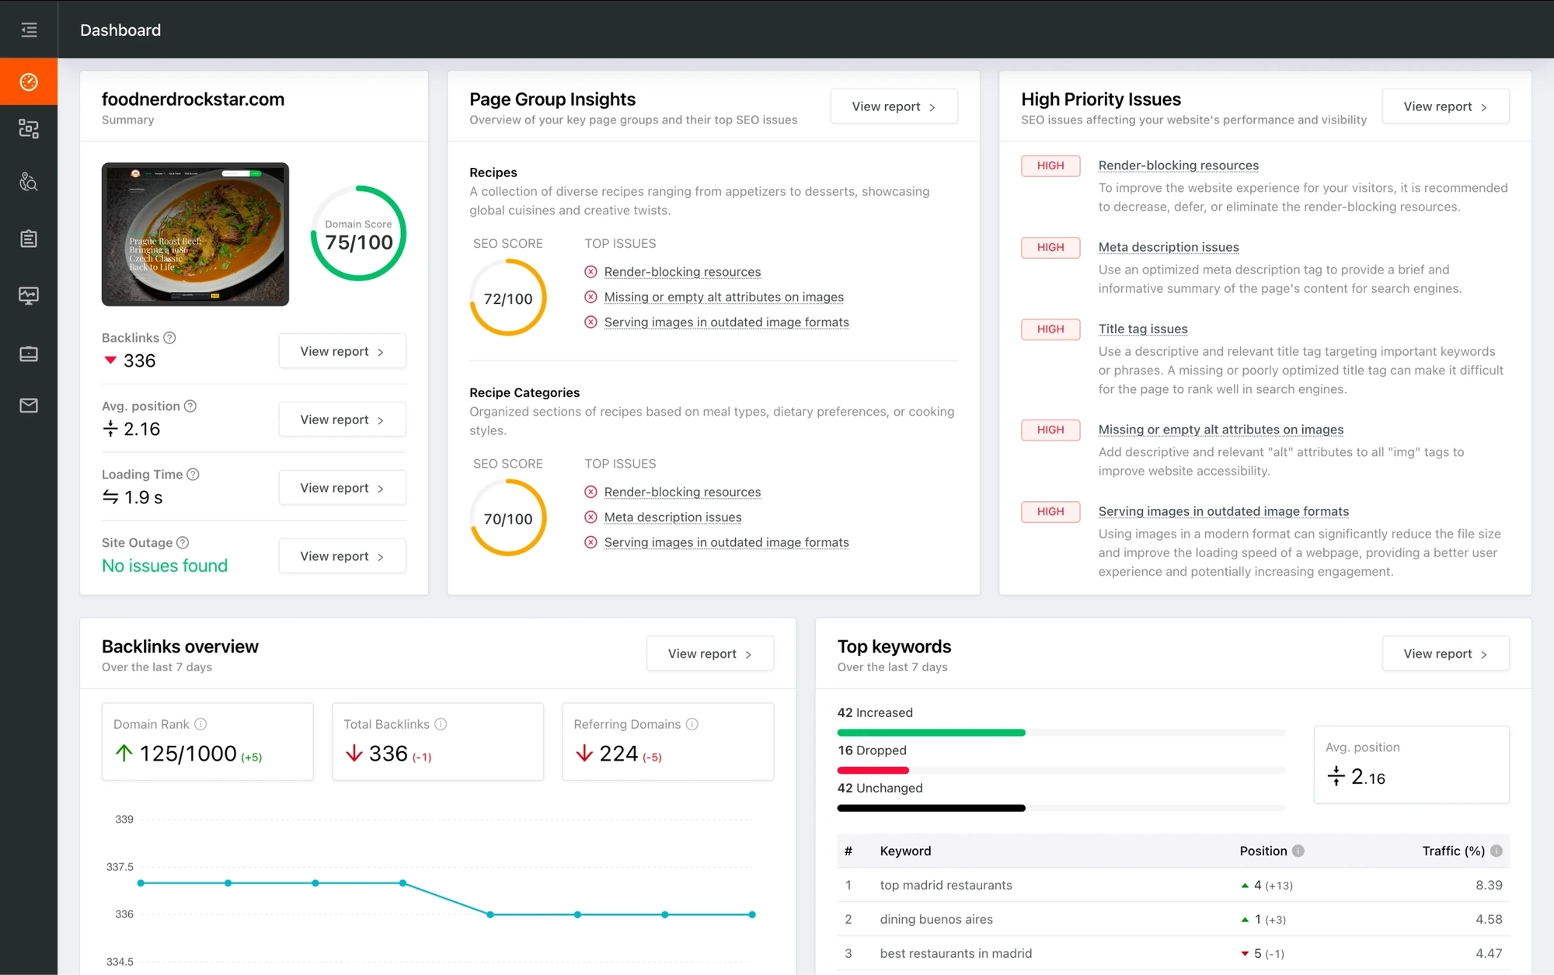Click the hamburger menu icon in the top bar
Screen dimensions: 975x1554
point(29,30)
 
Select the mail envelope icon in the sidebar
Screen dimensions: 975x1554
point(29,406)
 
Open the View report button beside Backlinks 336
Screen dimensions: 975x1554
point(342,351)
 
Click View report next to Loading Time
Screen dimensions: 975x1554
point(342,488)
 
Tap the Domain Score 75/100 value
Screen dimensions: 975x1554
point(359,242)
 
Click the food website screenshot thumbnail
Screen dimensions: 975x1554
point(195,234)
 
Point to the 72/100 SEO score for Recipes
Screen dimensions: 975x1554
point(508,298)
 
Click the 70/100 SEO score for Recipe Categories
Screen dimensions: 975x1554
point(508,519)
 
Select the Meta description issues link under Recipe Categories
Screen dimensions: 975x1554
point(673,517)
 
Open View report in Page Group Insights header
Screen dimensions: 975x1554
point(894,106)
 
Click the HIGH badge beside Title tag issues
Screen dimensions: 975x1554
point(1050,329)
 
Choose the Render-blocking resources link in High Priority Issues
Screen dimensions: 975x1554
point(1178,165)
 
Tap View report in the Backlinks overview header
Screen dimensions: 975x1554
point(709,654)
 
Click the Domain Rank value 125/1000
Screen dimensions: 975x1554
point(188,754)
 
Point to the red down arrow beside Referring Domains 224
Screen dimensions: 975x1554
point(584,754)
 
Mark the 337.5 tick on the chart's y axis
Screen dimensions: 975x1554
point(120,867)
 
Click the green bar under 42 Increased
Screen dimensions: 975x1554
point(931,733)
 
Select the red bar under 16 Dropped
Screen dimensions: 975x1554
point(873,771)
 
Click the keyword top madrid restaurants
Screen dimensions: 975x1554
point(946,885)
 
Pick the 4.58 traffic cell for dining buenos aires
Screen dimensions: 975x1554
point(1489,919)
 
